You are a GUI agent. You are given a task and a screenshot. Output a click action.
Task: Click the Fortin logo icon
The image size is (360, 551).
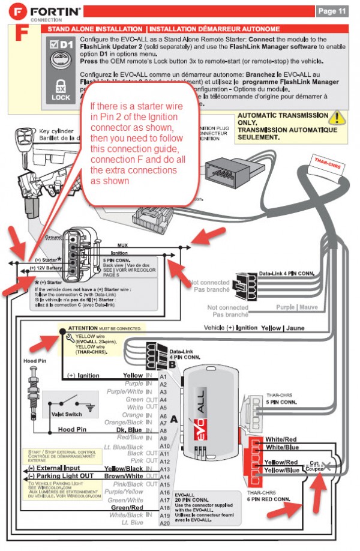tap(13, 10)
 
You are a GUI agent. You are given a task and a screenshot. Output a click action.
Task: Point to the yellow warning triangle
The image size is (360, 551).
tap(340, 118)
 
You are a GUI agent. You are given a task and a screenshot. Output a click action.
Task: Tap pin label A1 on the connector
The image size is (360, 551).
tap(163, 376)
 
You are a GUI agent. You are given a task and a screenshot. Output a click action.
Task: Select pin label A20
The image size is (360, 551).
tap(164, 523)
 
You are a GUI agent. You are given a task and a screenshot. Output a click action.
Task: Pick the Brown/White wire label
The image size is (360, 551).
tap(125, 477)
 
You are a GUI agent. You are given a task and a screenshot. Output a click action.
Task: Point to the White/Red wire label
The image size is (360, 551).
tap(281, 439)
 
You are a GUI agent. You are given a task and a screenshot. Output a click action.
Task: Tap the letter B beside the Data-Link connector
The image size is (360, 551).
tap(173, 364)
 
